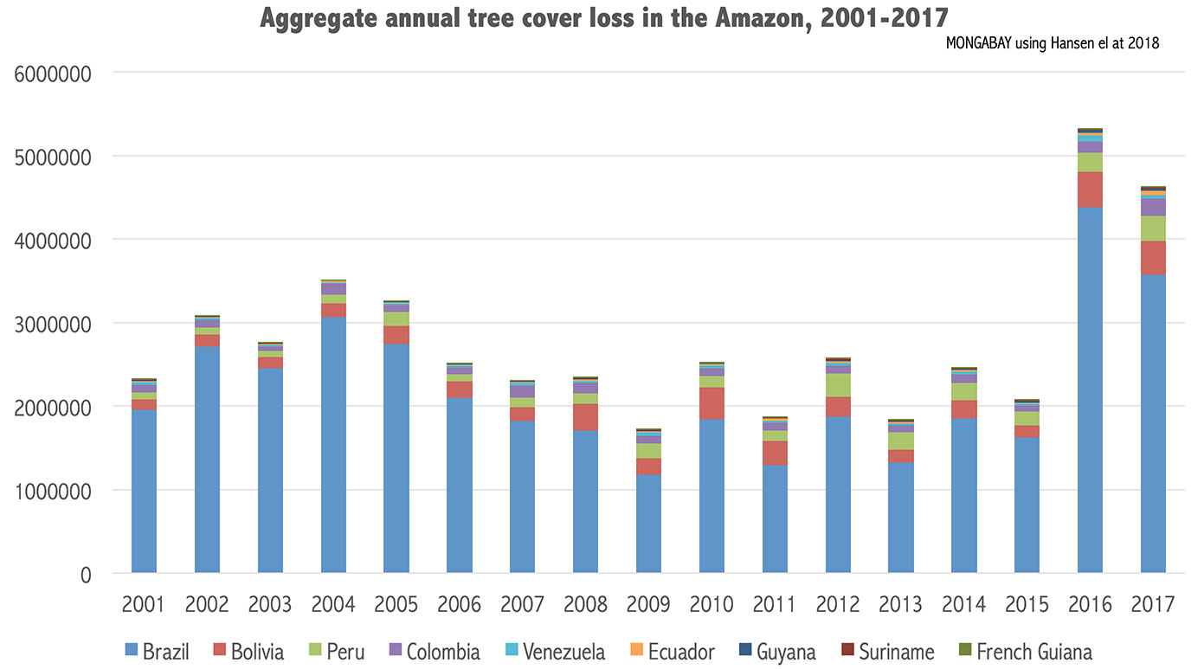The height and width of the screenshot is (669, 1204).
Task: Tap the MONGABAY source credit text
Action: [x=1053, y=43]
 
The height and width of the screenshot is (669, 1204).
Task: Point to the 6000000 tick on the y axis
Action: [x=54, y=74]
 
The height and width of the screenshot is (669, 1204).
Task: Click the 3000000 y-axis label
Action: [x=54, y=325]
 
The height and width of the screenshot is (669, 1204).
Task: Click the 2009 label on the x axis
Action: [x=648, y=603]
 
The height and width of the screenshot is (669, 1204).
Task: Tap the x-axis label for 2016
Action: [x=1090, y=603]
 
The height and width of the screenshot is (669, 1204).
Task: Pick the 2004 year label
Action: [x=333, y=603]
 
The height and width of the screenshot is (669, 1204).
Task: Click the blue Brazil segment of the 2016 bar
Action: [x=1090, y=389]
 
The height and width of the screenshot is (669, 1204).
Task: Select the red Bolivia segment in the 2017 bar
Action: [x=1153, y=258]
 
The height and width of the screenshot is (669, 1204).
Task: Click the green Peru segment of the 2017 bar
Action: [x=1153, y=228]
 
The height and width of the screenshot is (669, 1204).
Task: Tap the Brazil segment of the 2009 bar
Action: [x=648, y=524]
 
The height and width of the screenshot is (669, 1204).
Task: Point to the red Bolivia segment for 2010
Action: [x=711, y=403]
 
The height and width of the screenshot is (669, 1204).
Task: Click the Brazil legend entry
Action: [x=157, y=652]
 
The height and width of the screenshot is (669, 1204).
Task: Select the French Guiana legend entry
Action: [x=1023, y=652]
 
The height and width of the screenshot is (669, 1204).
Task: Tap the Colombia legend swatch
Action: [x=394, y=652]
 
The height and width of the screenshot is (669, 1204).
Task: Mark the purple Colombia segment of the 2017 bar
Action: [x=1153, y=207]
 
